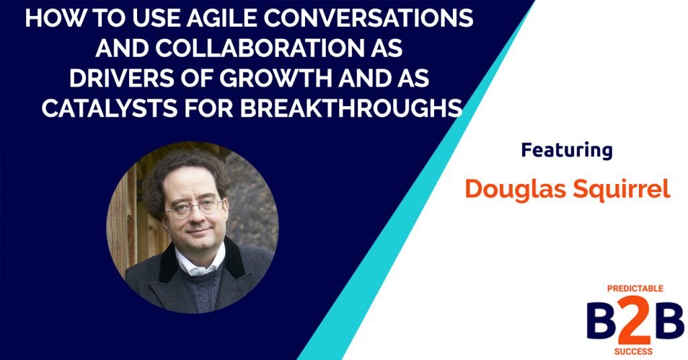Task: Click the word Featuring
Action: (566, 150)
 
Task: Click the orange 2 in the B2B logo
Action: (628, 320)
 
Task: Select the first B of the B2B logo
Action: (598, 320)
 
